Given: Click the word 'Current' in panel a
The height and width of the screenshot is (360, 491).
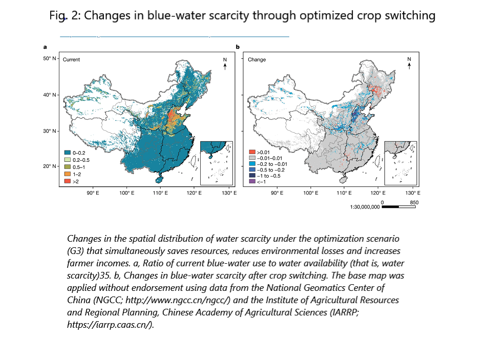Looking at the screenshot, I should coord(71,60).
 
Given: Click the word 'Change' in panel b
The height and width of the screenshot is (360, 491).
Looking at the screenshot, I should coord(257,60).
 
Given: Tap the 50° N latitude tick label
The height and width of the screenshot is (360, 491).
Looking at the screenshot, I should coord(50,59).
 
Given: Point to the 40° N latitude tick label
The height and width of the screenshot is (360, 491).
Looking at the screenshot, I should coord(50,95).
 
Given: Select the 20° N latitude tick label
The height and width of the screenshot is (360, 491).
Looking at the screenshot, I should coord(50,166).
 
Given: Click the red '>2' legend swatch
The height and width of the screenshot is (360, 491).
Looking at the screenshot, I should coord(67,181).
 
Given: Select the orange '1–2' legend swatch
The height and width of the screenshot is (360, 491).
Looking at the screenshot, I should coord(67,174).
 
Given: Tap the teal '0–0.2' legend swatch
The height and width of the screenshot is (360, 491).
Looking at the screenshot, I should coord(67,152).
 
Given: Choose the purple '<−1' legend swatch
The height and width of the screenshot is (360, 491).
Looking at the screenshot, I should coord(252,181).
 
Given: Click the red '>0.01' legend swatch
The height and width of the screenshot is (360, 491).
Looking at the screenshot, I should coord(252,152).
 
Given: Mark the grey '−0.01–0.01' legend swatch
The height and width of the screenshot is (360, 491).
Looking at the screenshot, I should coord(252,158).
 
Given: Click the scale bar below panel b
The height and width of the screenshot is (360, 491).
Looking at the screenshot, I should coord(399,206).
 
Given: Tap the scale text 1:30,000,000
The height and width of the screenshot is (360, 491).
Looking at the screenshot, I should coord(365,207).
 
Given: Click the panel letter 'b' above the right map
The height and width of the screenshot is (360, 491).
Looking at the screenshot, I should coord(238,47).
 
